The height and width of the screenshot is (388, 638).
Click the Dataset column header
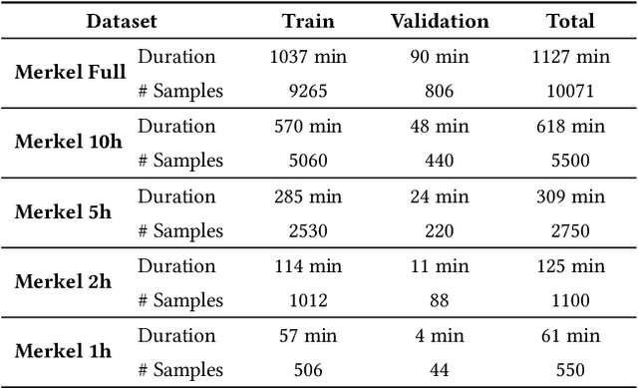[x=121, y=20]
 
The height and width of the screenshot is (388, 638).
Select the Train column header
[x=308, y=20]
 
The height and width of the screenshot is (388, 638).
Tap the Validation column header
[x=440, y=20]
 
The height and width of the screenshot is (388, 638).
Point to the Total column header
[x=570, y=20]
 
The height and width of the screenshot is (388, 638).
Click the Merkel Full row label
[x=70, y=73]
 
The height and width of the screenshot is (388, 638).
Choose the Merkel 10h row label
[x=69, y=143]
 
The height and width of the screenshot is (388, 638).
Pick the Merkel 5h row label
[x=64, y=212]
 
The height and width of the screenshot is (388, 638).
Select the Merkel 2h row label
[x=64, y=282]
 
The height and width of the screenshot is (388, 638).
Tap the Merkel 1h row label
[x=64, y=352]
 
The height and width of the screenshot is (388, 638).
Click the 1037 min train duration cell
[x=308, y=56]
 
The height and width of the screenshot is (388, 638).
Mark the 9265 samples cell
[x=308, y=91]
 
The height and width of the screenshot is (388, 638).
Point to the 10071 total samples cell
[x=570, y=91]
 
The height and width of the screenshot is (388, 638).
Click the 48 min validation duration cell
[x=440, y=126]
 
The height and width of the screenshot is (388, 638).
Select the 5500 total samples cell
[x=570, y=161]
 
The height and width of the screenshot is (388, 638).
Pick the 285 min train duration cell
[x=308, y=195]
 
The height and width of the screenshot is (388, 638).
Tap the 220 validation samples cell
[x=440, y=230]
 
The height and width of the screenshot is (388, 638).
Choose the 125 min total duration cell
[x=570, y=265]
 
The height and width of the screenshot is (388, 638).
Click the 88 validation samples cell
[x=440, y=300]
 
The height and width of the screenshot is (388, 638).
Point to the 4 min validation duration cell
[x=440, y=335]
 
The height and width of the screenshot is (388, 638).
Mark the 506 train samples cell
[x=308, y=370]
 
